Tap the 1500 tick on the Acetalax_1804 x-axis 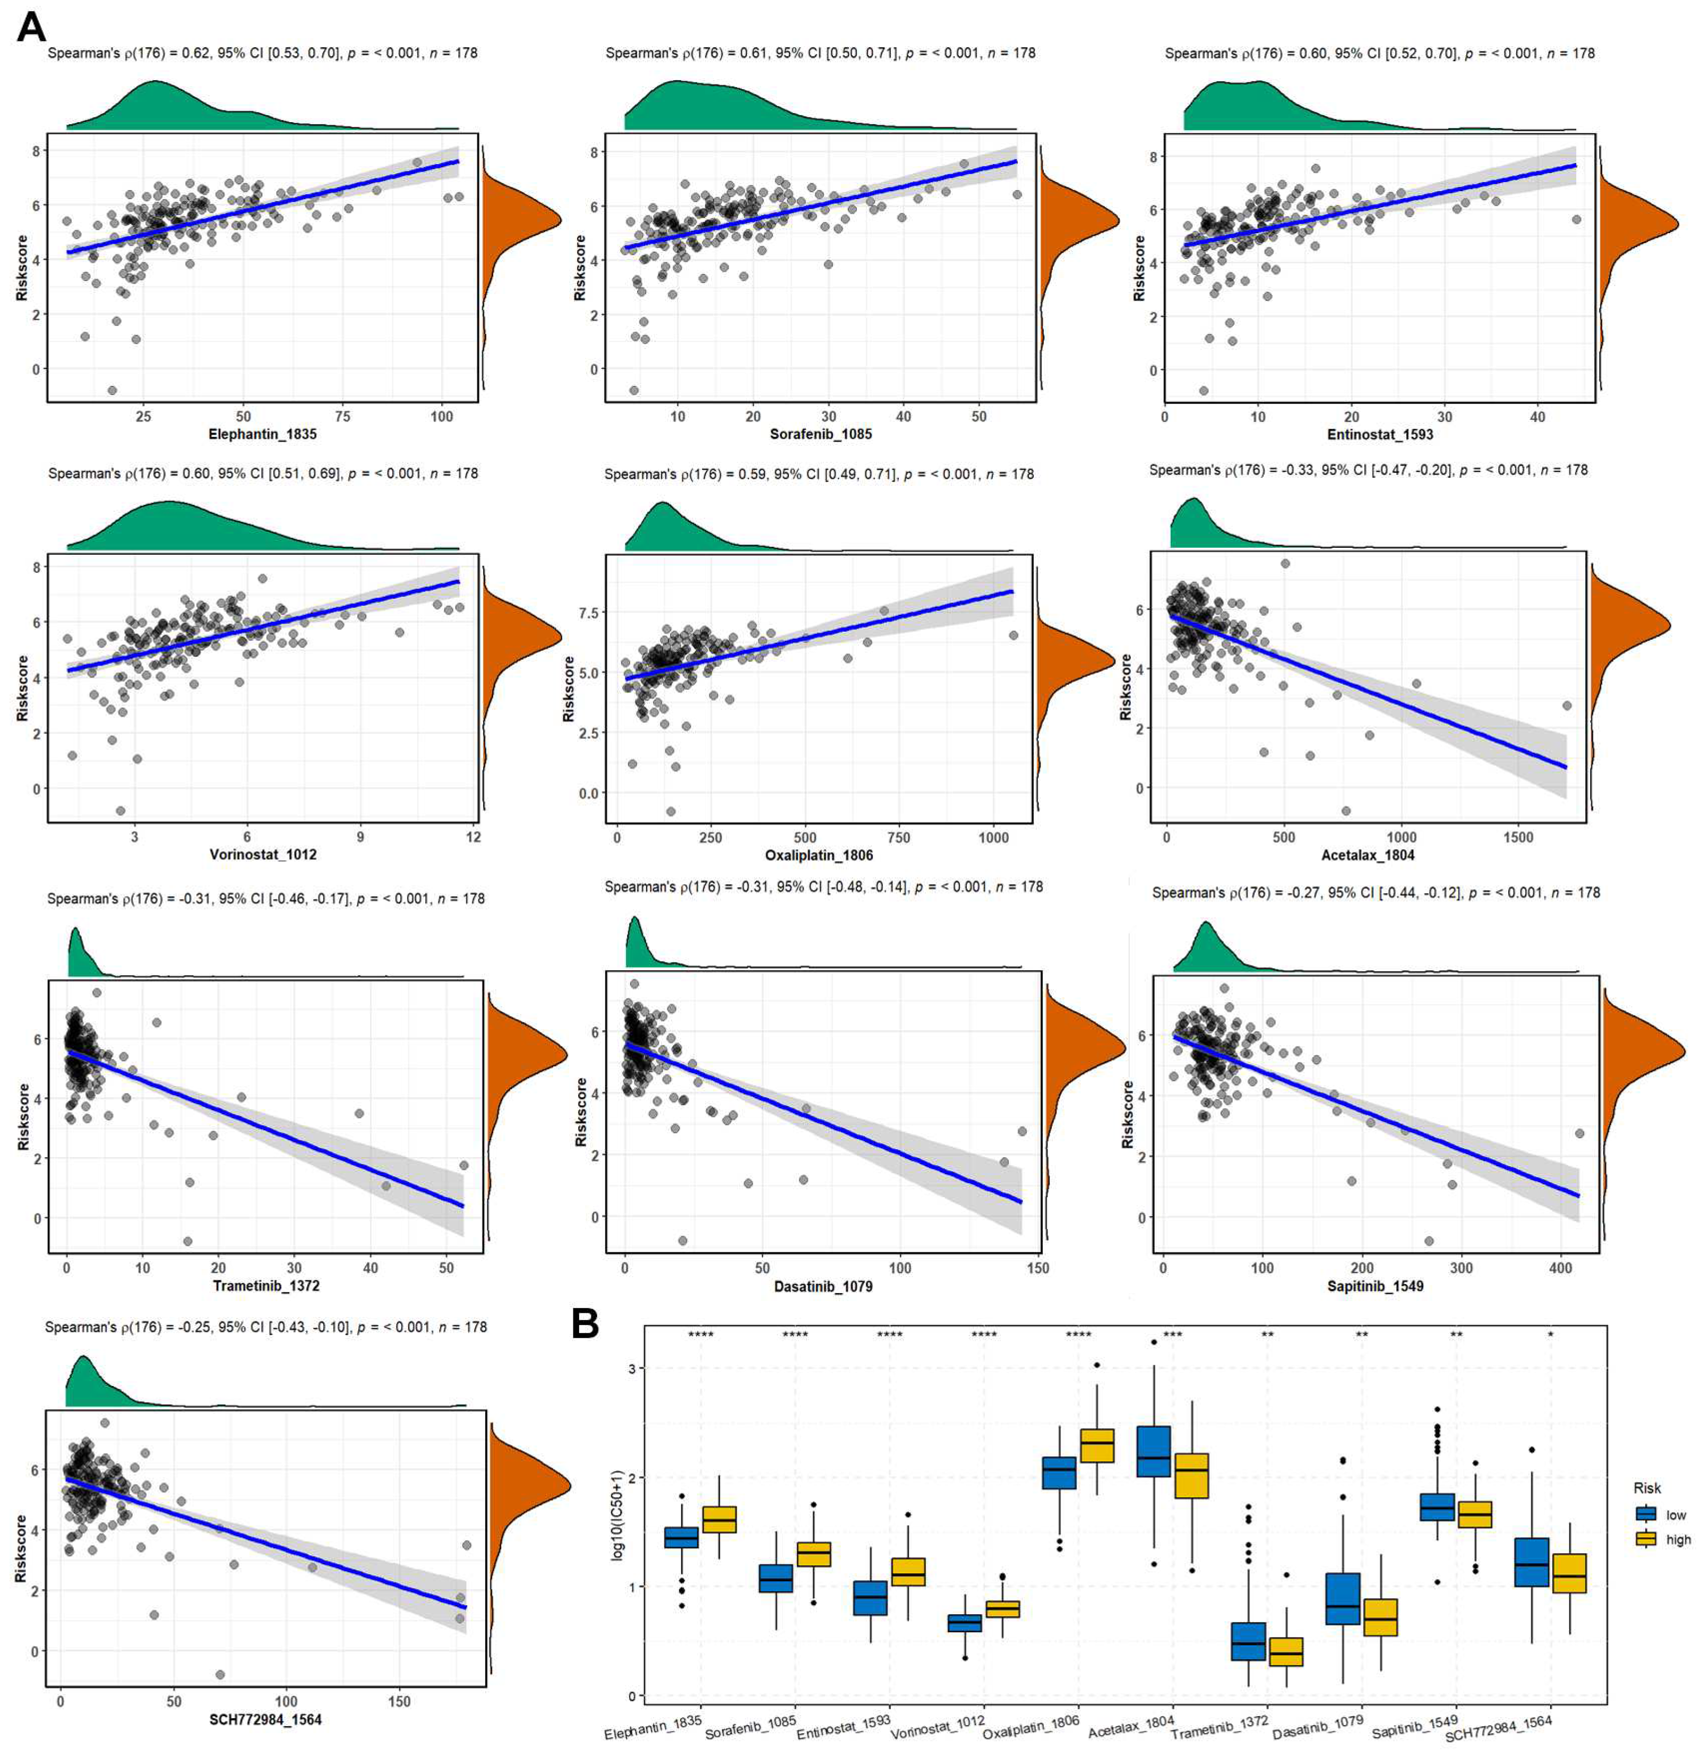[1517, 837]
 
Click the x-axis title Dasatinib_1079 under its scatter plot [823, 1286]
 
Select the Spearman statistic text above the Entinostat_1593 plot [1379, 54]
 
